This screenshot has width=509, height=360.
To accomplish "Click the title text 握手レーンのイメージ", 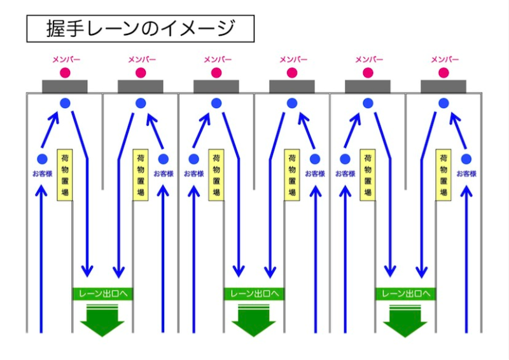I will [x=141, y=29].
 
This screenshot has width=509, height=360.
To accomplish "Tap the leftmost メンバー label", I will [x=65, y=59].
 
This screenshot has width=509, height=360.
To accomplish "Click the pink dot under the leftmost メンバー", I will [x=65, y=73].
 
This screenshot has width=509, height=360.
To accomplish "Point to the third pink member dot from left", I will [x=217, y=73].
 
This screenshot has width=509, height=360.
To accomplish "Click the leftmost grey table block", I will [x=65, y=87].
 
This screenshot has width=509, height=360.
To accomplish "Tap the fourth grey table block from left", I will [x=292, y=87].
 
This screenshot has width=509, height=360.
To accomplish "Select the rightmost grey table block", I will [x=443, y=87].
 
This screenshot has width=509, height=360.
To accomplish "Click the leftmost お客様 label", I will [x=42, y=174].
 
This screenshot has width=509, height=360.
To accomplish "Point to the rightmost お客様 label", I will [x=466, y=174].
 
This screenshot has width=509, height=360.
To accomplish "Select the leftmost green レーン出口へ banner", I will [x=102, y=294].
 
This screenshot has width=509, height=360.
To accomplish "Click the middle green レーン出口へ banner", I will [x=254, y=294].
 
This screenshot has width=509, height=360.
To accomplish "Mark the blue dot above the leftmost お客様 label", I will [x=42, y=159].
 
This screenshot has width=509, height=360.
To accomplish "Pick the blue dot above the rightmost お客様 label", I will [x=466, y=159].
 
